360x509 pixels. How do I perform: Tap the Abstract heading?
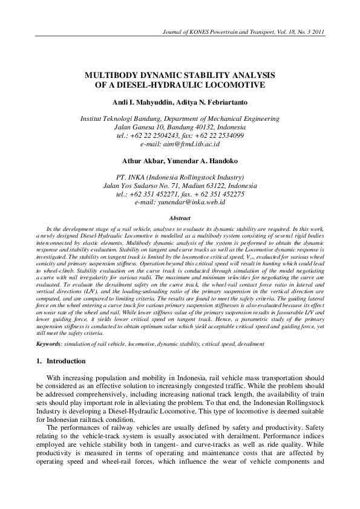point(180,218)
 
